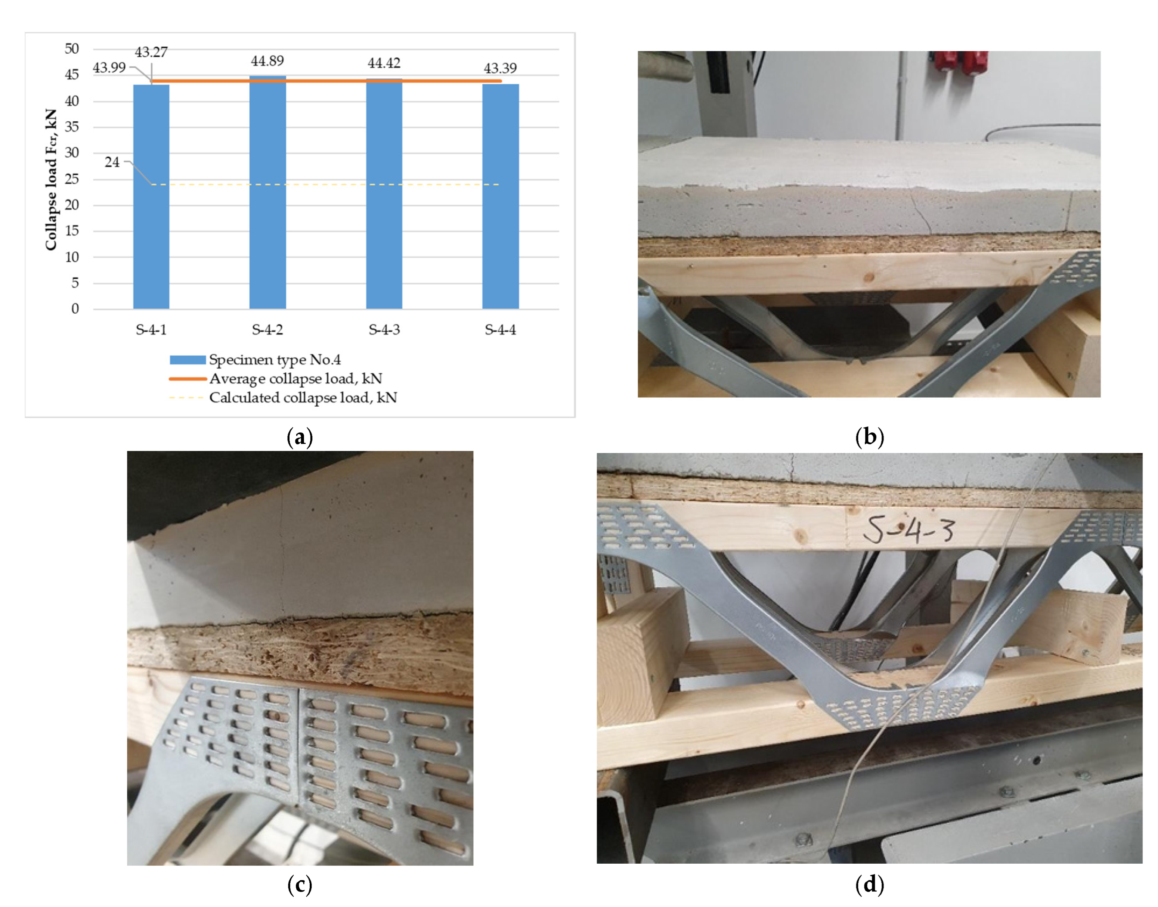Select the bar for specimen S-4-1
[151, 196]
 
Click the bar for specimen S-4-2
[268, 192]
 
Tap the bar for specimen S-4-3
[384, 194]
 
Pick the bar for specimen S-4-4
[501, 196]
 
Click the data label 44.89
[268, 61]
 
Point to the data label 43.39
[500, 68]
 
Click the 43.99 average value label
[109, 68]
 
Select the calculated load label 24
[112, 162]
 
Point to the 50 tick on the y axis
[72, 49]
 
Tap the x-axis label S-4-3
[384, 330]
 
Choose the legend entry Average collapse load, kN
[276, 379]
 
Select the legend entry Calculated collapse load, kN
[283, 398]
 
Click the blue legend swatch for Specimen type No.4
[188, 360]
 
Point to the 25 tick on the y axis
[72, 179]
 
